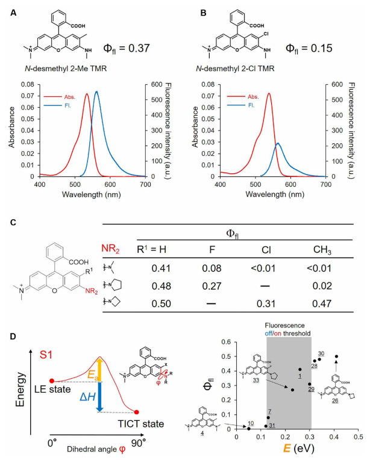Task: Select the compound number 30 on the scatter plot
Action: tap(321, 353)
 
